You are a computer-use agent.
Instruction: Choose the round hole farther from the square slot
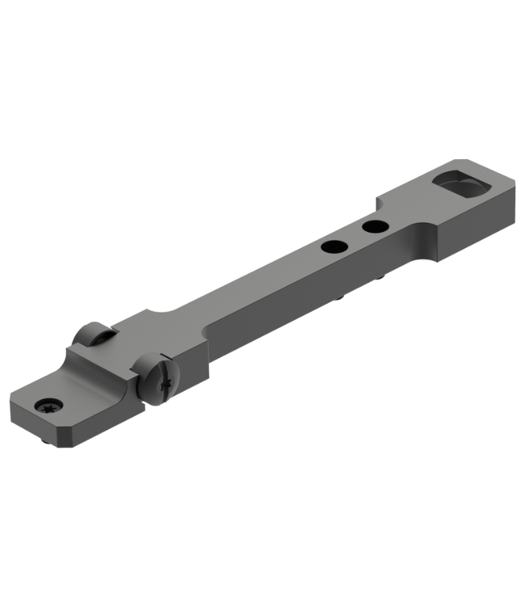(331, 246)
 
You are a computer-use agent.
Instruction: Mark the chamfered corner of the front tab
(18, 402)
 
